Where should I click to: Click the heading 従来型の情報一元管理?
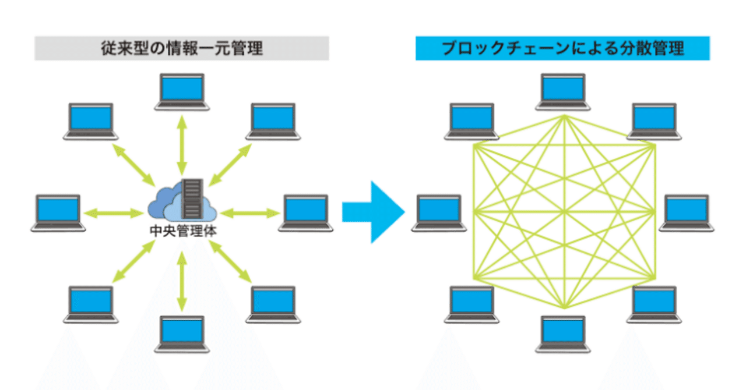[x=181, y=48]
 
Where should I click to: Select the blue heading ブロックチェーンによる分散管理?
[x=562, y=48]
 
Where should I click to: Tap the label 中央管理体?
[x=182, y=230]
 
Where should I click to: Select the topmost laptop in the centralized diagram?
[x=182, y=91]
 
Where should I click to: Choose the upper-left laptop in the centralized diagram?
[x=91, y=121]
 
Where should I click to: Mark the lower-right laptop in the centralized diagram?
[x=273, y=304]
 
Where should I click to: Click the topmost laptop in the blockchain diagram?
[x=563, y=91]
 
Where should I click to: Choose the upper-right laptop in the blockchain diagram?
[x=654, y=121]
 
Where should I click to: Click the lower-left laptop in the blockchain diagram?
[x=471, y=304]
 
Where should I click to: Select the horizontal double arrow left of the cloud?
[x=114, y=212]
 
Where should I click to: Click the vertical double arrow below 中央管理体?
[x=182, y=279]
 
